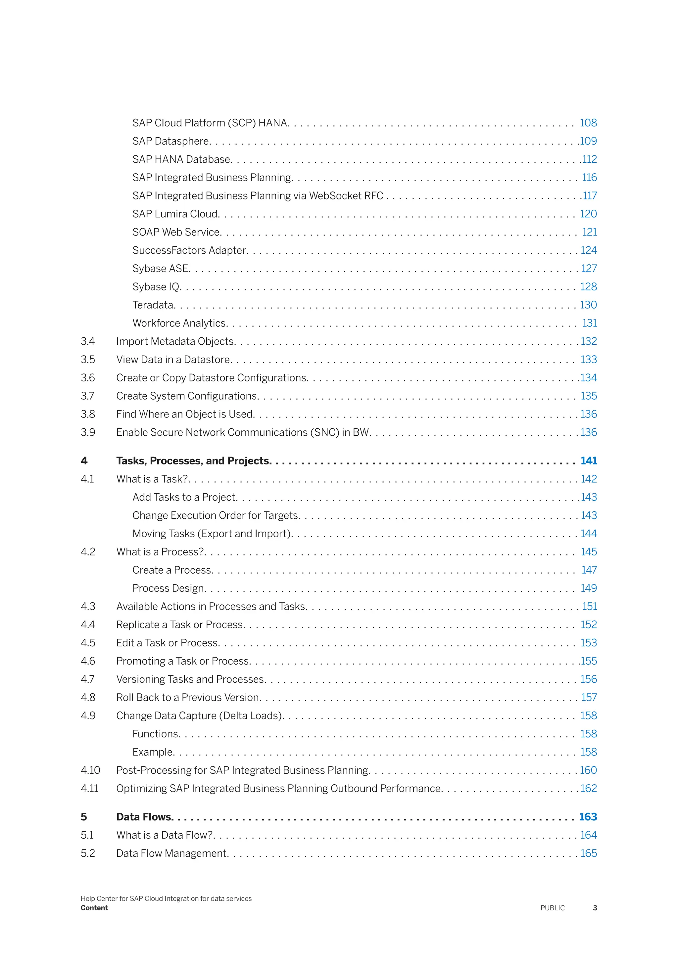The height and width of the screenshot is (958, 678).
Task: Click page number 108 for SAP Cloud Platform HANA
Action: [588, 123]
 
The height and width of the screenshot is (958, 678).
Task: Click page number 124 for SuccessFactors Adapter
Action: [588, 250]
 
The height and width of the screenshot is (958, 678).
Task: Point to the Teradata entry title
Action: [153, 305]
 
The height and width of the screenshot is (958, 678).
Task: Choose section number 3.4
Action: [88, 341]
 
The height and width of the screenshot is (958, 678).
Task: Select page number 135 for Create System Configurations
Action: [588, 396]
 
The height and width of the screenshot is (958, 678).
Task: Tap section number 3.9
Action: [88, 432]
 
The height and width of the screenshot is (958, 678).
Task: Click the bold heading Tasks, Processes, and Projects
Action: [193, 461]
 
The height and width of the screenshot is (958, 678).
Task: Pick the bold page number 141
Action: [588, 461]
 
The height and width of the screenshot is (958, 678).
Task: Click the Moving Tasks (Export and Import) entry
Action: [212, 534]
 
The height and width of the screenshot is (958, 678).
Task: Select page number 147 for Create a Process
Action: [589, 570]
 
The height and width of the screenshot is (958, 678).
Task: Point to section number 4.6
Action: [88, 661]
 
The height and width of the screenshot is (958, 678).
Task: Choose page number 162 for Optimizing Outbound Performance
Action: [588, 789]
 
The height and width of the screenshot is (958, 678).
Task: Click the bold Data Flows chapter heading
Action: [144, 817]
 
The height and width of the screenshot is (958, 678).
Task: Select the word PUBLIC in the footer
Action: [552, 908]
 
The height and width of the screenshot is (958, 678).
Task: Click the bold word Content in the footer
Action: [94, 908]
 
